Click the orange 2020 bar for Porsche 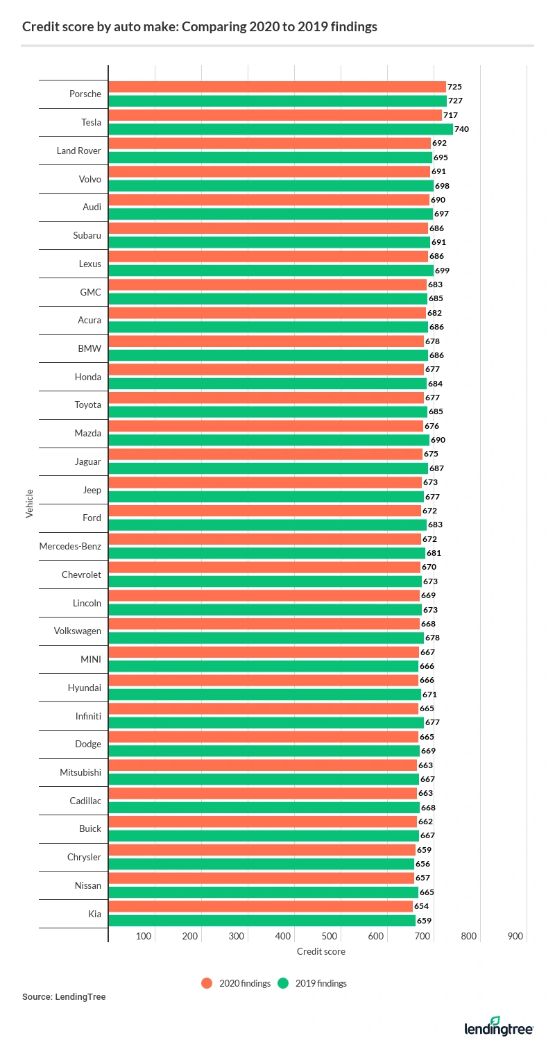pos(277,87)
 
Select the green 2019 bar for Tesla pos(281,129)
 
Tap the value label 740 pos(461,129)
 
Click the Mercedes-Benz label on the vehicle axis pos(70,546)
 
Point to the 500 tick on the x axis pos(330,936)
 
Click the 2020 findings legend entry pos(236,983)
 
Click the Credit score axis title pos(321,951)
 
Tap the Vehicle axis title pos(29,503)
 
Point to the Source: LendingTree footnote pos(64,997)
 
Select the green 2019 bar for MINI pos(264,666)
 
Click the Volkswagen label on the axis pos(77,631)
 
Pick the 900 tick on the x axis pos(515,936)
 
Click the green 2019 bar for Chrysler pos(262,864)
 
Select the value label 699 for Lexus pos(442,271)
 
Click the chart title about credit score pos(200,27)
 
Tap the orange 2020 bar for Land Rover pos(270,143)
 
